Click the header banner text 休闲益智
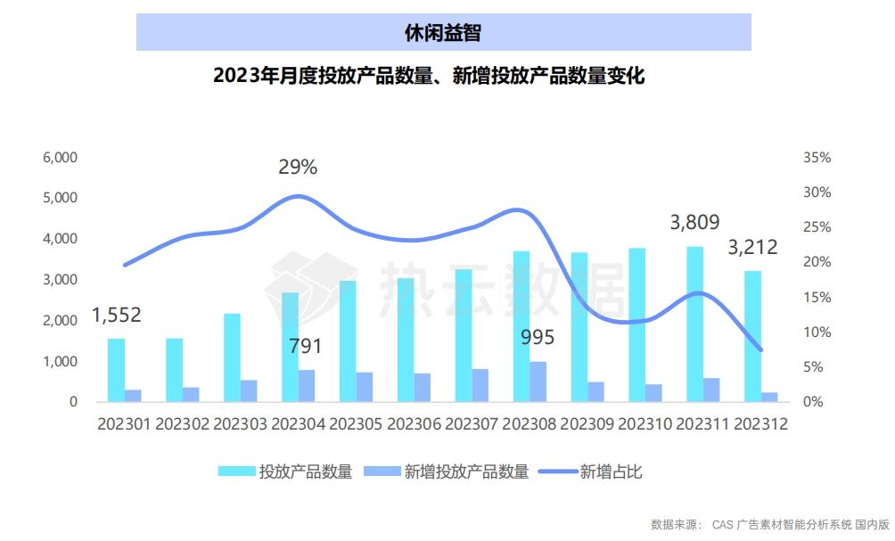[443, 32]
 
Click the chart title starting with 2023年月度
[429, 76]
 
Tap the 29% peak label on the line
[298, 167]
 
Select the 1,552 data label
[117, 315]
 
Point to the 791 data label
[305, 346]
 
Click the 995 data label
[538, 337]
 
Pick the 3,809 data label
[694, 223]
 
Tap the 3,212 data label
[753, 247]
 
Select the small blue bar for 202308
[538, 381]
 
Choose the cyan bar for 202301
[116, 370]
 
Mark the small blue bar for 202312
[769, 397]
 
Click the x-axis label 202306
[415, 424]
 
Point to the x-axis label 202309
[588, 424]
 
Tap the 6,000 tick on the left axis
[61, 158]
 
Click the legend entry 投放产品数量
[287, 471]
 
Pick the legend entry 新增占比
[592, 471]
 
